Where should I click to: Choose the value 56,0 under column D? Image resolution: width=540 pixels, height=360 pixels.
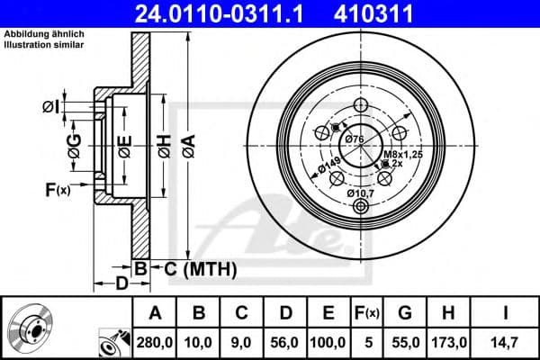pyautogui.click(x=285, y=342)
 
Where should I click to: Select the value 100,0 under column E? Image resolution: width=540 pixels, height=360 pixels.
pyautogui.click(x=328, y=342)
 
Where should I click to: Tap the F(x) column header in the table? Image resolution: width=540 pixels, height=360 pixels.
pyautogui.click(x=366, y=314)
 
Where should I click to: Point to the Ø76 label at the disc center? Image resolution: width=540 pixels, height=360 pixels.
pyautogui.click(x=355, y=139)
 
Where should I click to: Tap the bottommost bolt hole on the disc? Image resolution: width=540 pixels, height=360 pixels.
pyautogui.click(x=362, y=207)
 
